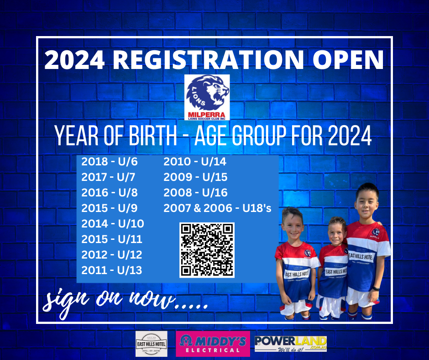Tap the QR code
tap(207, 250)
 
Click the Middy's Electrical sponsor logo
tap(213, 344)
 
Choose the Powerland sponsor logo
tap(291, 344)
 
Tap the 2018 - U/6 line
tap(109, 162)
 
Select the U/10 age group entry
tap(113, 224)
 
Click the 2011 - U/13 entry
tap(112, 270)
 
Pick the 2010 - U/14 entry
tap(195, 162)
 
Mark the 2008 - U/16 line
tap(195, 193)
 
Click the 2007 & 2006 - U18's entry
tap(217, 208)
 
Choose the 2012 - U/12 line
tap(112, 255)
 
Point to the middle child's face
tap(336, 231)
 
